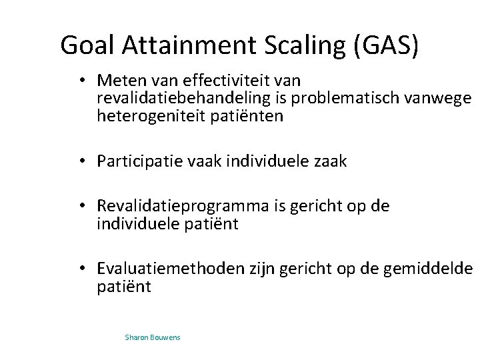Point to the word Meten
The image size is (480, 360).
[x=117, y=81]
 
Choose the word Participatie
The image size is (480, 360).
[x=137, y=162]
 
